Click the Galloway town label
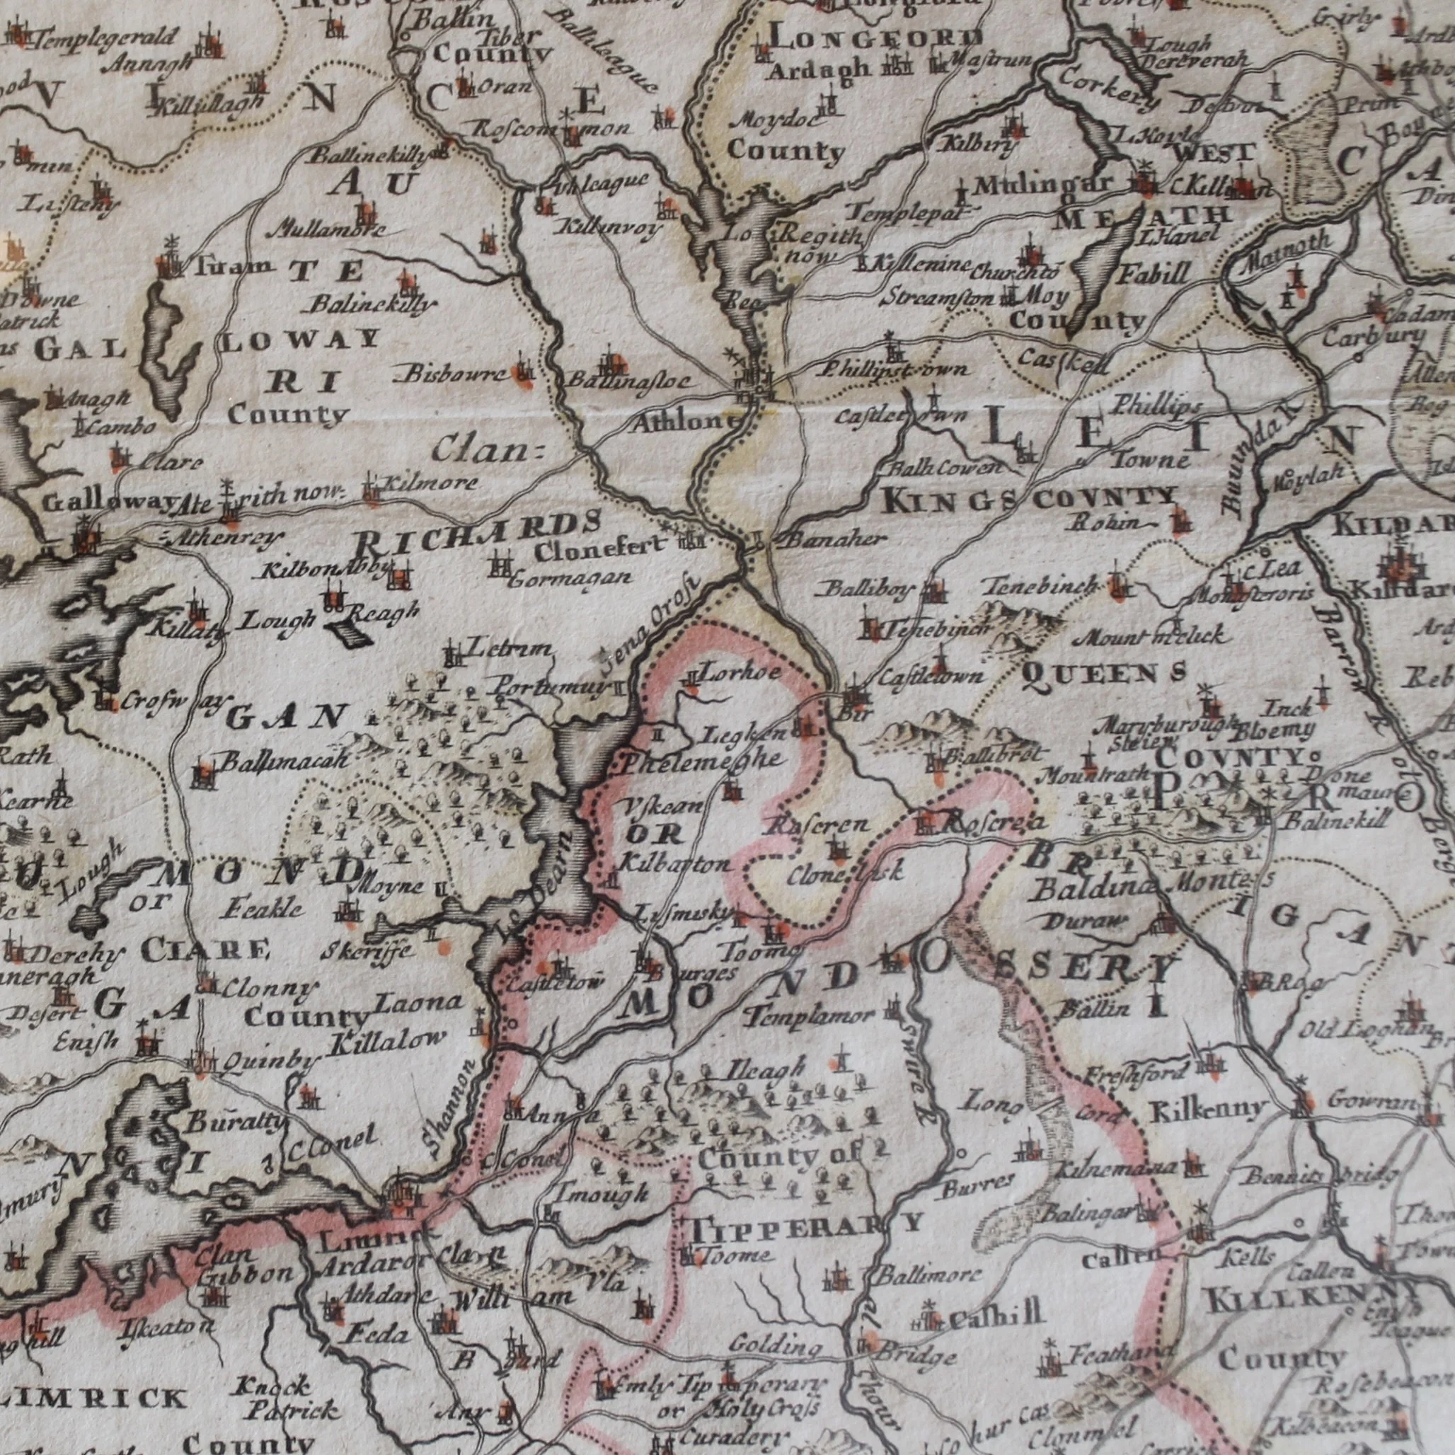113,503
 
